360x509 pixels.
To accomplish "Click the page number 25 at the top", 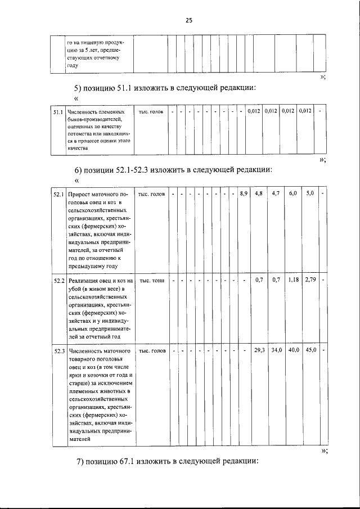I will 188,20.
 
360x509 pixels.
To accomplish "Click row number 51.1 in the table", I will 58,112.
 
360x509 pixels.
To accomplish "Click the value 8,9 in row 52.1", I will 243,194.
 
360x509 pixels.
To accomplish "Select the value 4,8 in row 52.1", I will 259,194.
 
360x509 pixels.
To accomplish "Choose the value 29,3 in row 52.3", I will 259,350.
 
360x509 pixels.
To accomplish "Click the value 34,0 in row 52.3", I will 276,350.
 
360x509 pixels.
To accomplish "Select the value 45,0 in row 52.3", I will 310,350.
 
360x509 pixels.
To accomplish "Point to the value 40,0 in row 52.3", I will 293,350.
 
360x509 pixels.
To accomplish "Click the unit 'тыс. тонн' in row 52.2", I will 152,280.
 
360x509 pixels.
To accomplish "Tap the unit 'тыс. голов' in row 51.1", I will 151,112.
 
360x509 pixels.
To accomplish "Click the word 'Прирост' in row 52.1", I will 82,194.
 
